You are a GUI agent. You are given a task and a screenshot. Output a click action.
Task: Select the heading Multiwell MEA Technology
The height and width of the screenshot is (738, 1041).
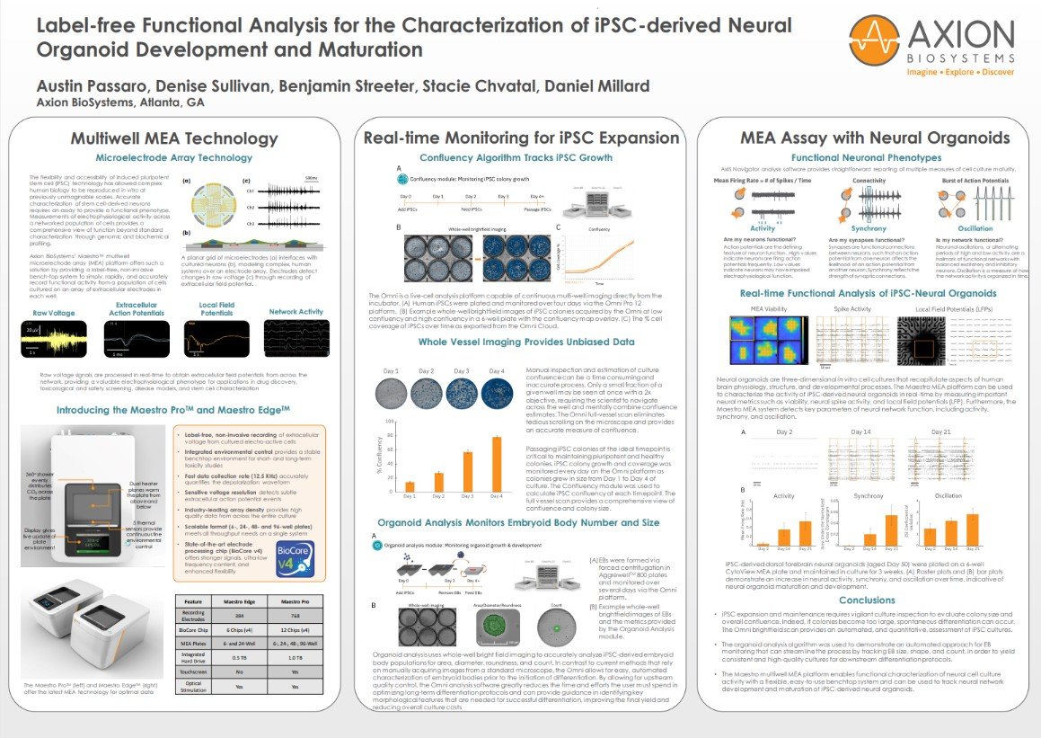[174, 138]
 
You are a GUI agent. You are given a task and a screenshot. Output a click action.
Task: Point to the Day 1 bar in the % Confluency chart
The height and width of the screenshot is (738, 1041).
[410, 486]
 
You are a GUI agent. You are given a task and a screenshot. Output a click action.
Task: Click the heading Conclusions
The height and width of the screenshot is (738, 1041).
[866, 600]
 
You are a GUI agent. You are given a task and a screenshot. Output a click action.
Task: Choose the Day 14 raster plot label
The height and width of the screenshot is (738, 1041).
[862, 431]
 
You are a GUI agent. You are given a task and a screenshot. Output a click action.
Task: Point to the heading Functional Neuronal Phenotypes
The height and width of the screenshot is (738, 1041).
[866, 156]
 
